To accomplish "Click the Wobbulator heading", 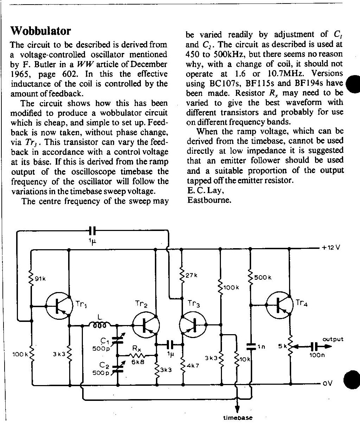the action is coord(41,31).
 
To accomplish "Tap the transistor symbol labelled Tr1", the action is coord(59,306).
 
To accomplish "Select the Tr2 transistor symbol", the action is coord(146,325).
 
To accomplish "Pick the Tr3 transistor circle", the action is coord(193,325).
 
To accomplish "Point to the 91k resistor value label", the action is coord(40,279).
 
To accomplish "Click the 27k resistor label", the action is coord(191,275).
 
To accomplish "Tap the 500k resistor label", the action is coord(263,277).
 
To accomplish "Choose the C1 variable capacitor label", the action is coord(105,341).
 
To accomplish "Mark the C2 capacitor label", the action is coord(104,365).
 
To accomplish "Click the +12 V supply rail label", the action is coord(330,247).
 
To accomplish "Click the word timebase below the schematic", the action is coord(238,418).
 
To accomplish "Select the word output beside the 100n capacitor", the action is coord(333,339).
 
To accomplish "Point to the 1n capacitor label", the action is coord(262,347).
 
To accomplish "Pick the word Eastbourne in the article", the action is coord(209,200).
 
